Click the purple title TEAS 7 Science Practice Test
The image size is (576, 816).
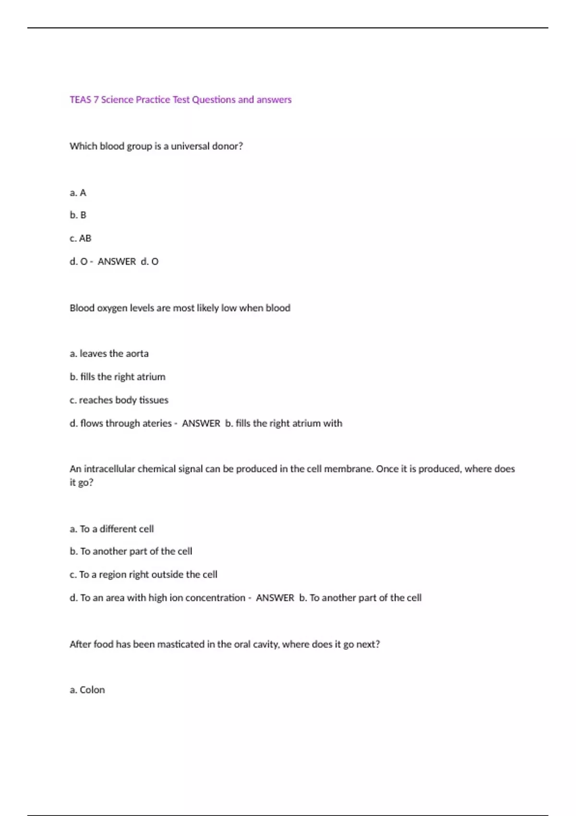click(x=180, y=100)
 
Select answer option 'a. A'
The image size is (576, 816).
click(x=78, y=193)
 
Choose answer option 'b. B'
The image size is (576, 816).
click(x=78, y=215)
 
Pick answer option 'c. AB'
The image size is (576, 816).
click(x=81, y=239)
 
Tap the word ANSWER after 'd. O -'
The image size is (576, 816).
click(x=117, y=262)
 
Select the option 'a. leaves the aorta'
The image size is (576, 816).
click(x=109, y=354)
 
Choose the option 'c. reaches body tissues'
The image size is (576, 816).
click(x=119, y=400)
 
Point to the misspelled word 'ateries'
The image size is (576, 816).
click(x=157, y=423)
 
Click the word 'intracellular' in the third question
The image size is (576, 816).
click(x=109, y=469)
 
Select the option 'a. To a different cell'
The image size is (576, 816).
click(x=112, y=529)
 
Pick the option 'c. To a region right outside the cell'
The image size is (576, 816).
click(x=144, y=575)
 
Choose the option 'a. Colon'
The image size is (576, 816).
click(x=87, y=690)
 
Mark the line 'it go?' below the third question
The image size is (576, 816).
click(x=82, y=482)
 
